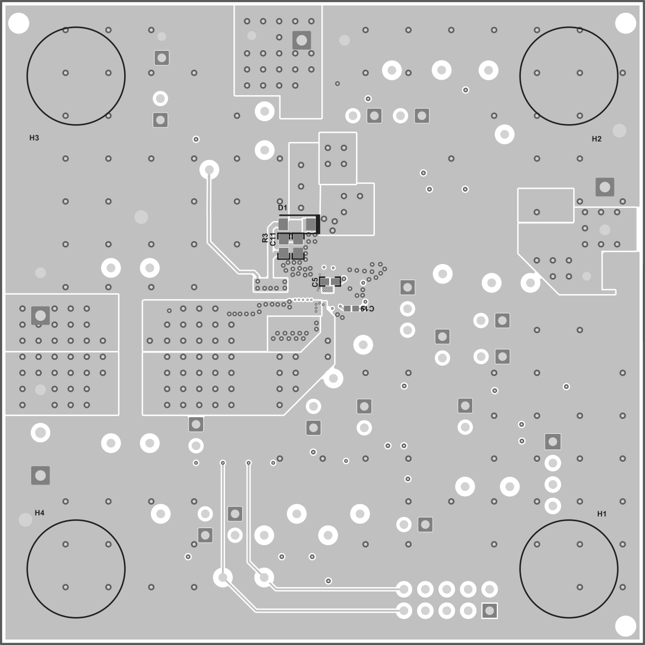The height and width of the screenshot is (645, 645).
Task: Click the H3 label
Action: [34, 138]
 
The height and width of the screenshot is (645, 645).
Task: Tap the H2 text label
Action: [597, 139]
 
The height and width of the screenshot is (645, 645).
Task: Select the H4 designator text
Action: [40, 512]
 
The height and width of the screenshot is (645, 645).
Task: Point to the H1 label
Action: [602, 514]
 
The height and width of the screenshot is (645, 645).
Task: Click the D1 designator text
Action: [282, 208]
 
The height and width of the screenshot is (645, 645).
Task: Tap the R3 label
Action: [265, 239]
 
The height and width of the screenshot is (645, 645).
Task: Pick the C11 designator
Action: [272, 240]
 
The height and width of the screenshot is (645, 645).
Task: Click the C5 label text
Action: [315, 282]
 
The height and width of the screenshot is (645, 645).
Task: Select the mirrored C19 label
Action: [367, 308]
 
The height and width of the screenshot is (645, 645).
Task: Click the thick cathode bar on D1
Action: [318, 224]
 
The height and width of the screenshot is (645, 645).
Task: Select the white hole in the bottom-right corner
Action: [625, 625]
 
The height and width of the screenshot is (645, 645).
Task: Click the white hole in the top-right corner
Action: [625, 23]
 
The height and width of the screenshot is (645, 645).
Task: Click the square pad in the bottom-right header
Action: [490, 610]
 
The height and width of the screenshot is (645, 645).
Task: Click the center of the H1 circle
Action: [569, 569]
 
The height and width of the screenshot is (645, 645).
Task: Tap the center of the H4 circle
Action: [76, 569]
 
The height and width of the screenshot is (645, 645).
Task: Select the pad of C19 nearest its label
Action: [355, 308]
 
